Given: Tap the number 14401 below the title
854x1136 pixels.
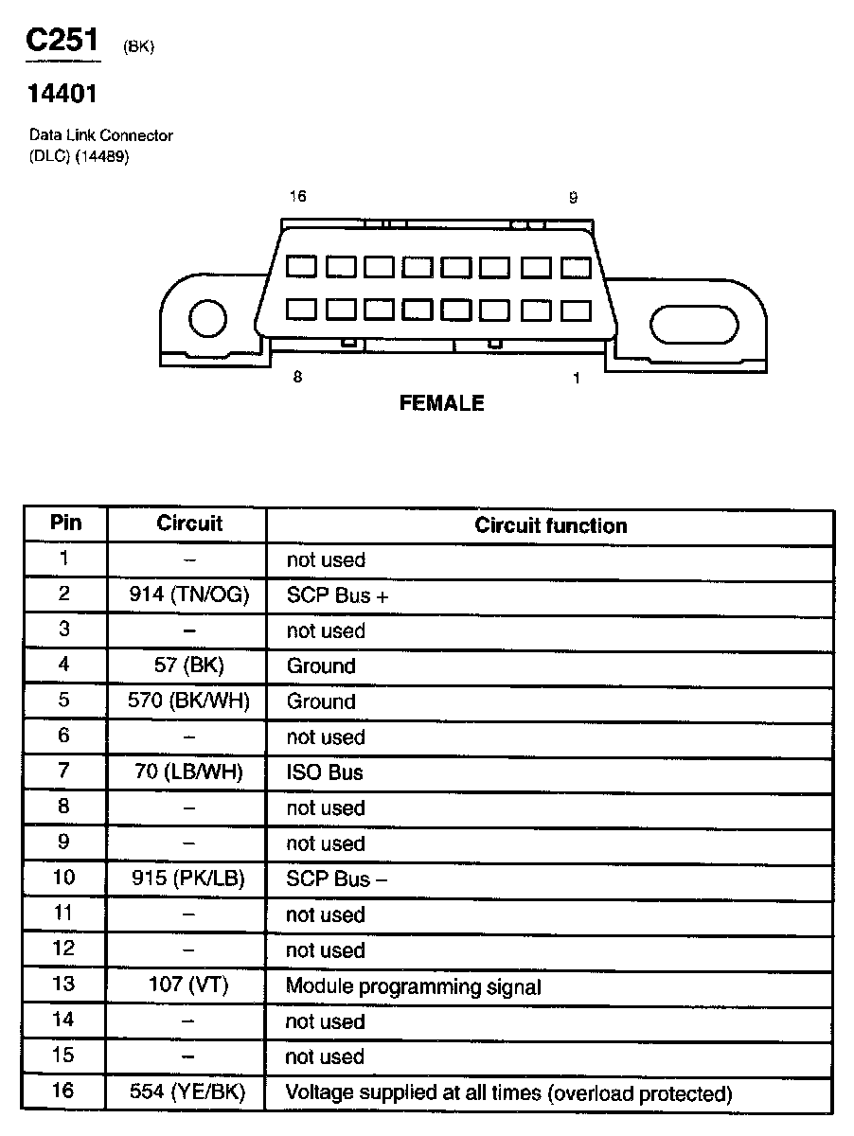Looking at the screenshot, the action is [x=62, y=94].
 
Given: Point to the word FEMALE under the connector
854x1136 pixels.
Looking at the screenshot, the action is [x=441, y=403].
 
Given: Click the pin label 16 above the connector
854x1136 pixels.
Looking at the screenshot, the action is [x=298, y=197].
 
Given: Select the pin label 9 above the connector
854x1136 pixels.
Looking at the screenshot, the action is [x=573, y=197].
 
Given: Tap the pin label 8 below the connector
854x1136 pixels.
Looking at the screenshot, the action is [x=297, y=377].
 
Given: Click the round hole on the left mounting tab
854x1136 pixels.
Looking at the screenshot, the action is [x=207, y=318].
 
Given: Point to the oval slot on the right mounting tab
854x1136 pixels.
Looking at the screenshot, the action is [x=693, y=325].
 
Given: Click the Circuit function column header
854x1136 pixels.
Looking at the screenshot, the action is [x=550, y=525].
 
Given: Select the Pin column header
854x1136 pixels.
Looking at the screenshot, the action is [x=65, y=524].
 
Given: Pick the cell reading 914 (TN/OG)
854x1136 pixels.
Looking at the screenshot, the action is [x=188, y=595].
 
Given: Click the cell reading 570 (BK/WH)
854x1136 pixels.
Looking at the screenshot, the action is [x=188, y=701].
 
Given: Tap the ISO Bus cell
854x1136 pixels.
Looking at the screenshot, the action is [x=325, y=772].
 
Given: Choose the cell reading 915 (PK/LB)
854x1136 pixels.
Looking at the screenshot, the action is [x=188, y=879].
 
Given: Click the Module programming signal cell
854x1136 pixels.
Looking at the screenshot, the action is [x=414, y=986].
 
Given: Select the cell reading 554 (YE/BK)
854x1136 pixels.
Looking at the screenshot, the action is [x=188, y=1093].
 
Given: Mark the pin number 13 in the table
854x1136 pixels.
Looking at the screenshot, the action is [x=63, y=985].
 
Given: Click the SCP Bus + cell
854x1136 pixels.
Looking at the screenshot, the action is [x=337, y=595].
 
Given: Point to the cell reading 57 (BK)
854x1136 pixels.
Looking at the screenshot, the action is [x=188, y=666].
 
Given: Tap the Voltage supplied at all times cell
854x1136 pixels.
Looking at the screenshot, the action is [x=508, y=1093].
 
